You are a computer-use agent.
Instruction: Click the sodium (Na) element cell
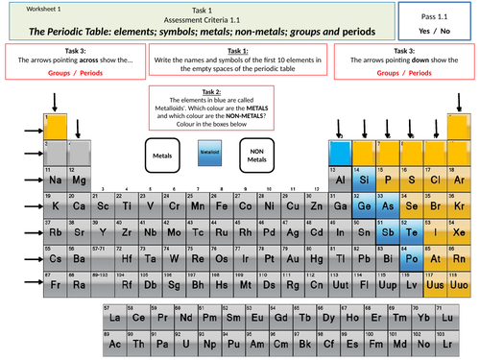pos(56,179)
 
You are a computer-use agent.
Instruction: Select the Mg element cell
pos(80,179)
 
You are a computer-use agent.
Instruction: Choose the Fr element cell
pos(56,286)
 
